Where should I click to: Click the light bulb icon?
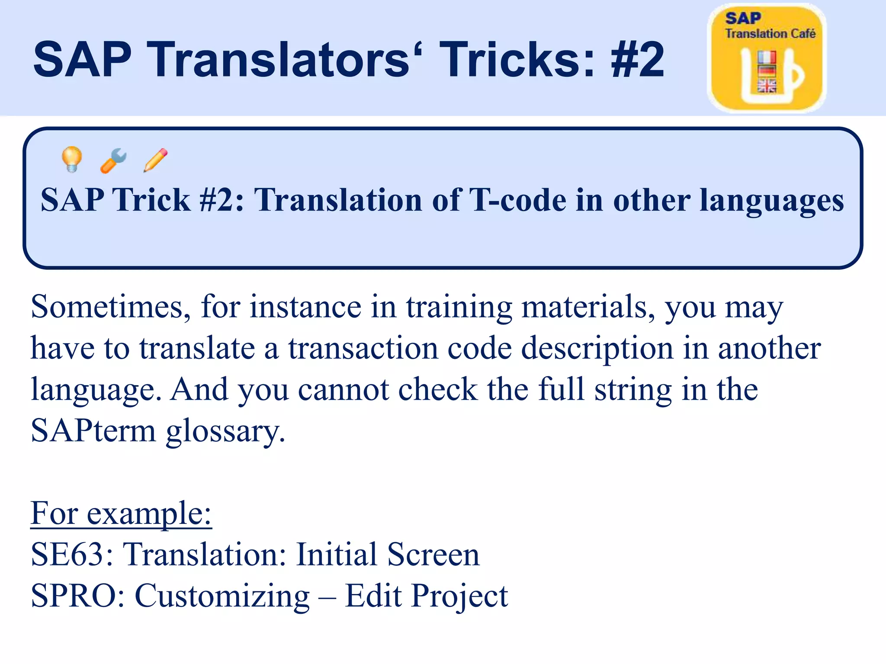72,160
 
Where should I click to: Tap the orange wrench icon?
113,160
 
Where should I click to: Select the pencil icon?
155,160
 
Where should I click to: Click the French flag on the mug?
767,57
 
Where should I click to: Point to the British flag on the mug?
767,86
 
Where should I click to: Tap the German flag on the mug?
767,70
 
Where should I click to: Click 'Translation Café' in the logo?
770,34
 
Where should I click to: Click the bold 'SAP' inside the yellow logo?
743,18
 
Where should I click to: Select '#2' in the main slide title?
638,59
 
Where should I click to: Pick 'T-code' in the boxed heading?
518,200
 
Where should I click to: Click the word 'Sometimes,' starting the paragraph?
111,307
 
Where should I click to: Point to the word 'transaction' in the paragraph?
363,348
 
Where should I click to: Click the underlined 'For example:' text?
121,514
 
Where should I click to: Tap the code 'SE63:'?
72,554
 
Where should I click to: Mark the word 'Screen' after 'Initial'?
433,554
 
